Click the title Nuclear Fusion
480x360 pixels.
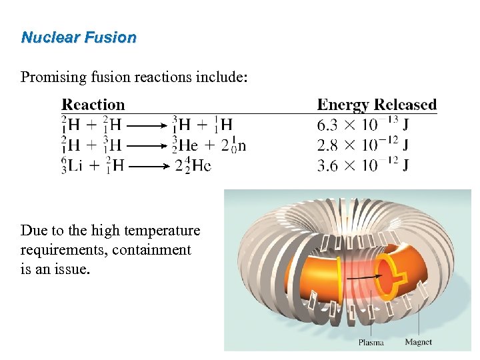pos(79,37)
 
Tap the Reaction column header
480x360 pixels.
pos(93,105)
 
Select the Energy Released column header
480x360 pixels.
pos(377,105)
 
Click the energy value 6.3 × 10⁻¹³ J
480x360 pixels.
pos(363,124)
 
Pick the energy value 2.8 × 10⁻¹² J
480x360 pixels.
pos(363,144)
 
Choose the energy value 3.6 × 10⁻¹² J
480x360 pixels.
pos(363,165)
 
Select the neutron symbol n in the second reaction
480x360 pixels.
pos(241,145)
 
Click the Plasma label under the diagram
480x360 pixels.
pos(371,343)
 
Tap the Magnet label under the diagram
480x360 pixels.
pos(418,342)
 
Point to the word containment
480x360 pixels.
pos(151,250)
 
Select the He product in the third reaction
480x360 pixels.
pos(201,165)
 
